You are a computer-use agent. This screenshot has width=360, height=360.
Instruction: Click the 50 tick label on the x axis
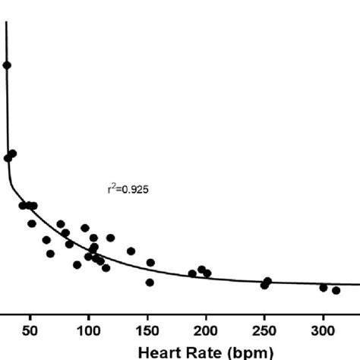30,330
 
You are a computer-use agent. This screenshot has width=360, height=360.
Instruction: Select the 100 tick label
88,330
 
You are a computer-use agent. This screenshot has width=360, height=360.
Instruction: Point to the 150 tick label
147,330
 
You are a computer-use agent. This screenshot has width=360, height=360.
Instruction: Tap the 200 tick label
206,330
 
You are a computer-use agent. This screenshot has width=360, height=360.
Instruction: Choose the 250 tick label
264,330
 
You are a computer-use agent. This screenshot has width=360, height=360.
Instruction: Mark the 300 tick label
323,330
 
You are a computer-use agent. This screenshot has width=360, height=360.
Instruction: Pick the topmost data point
7,65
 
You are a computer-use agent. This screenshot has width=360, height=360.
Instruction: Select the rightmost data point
336,290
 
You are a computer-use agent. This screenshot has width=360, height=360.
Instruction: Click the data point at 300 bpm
324,287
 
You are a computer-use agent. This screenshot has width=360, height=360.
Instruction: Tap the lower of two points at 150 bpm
150,283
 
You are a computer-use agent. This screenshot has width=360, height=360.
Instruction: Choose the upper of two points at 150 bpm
150,263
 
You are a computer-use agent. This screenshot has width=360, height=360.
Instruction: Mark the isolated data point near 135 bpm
131,251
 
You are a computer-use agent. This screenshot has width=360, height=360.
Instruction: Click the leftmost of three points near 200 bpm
192,273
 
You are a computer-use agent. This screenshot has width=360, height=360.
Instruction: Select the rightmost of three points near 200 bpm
207,273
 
